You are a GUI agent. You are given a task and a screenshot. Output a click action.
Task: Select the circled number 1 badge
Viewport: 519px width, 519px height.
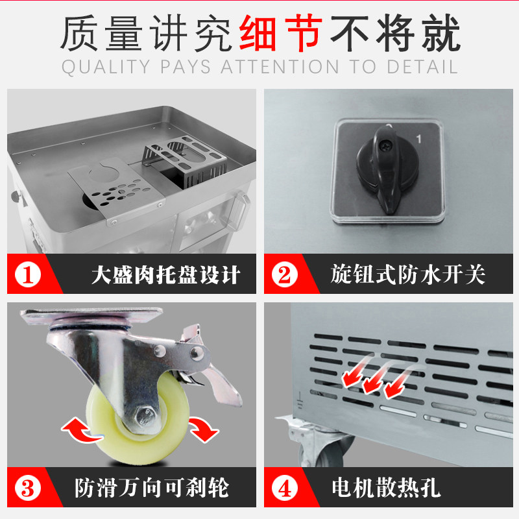[27, 274]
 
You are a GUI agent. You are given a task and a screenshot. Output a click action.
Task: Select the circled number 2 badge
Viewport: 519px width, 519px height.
[284, 274]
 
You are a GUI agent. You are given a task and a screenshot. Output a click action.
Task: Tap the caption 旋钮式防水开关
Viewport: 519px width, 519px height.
[407, 274]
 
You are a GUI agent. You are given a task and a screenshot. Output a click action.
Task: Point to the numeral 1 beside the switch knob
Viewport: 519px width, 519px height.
[420, 139]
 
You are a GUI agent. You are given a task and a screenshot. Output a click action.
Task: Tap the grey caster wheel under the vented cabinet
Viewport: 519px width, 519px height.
[331, 451]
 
